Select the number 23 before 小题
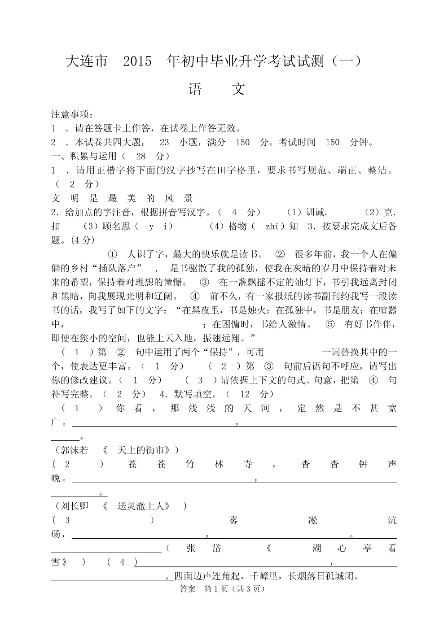[164, 143]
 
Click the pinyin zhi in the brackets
[272, 227]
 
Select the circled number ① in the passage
[113, 255]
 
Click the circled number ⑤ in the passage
[330, 324]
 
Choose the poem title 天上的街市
[143, 450]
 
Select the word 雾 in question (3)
[233, 520]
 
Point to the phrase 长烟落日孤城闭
[323, 576]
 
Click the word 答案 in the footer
[187, 589]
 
